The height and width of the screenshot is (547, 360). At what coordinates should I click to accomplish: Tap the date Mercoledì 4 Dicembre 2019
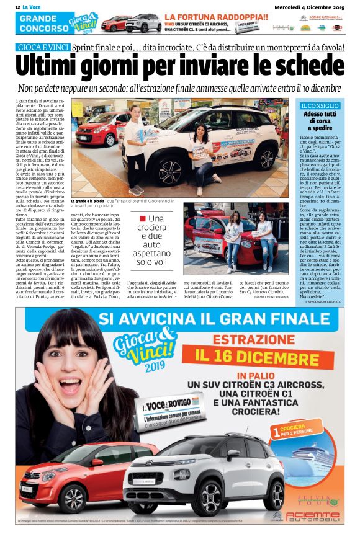(308, 6)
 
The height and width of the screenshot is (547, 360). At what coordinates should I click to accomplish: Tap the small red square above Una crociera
(143, 218)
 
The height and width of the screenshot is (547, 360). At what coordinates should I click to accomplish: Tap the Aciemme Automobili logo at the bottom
(313, 516)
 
